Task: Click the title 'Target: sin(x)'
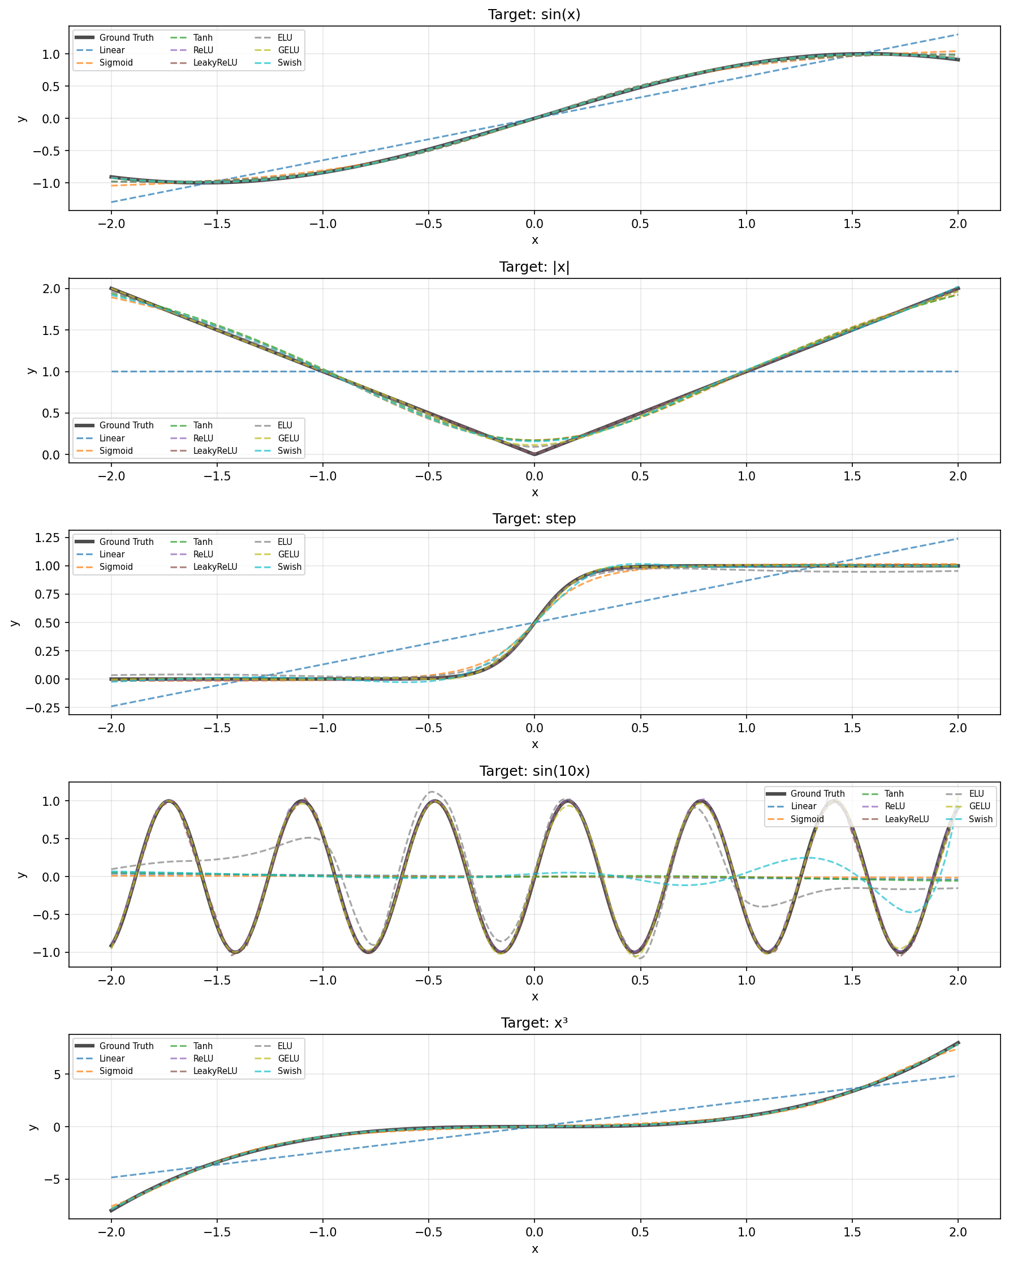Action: pyautogui.click(x=534, y=14)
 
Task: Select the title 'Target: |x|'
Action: pyautogui.click(x=534, y=267)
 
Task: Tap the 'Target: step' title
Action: pyautogui.click(x=534, y=518)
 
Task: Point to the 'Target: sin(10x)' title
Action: pyautogui.click(x=534, y=771)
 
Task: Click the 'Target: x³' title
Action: pyautogui.click(x=534, y=1023)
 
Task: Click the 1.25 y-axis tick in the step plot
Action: pyautogui.click(x=47, y=538)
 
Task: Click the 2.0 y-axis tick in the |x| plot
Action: pyautogui.click(x=51, y=288)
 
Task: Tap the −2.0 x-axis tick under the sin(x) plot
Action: pyautogui.click(x=111, y=224)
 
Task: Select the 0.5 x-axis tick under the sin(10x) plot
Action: pyautogui.click(x=640, y=980)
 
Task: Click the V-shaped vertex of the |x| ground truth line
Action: pyautogui.click(x=534, y=454)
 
